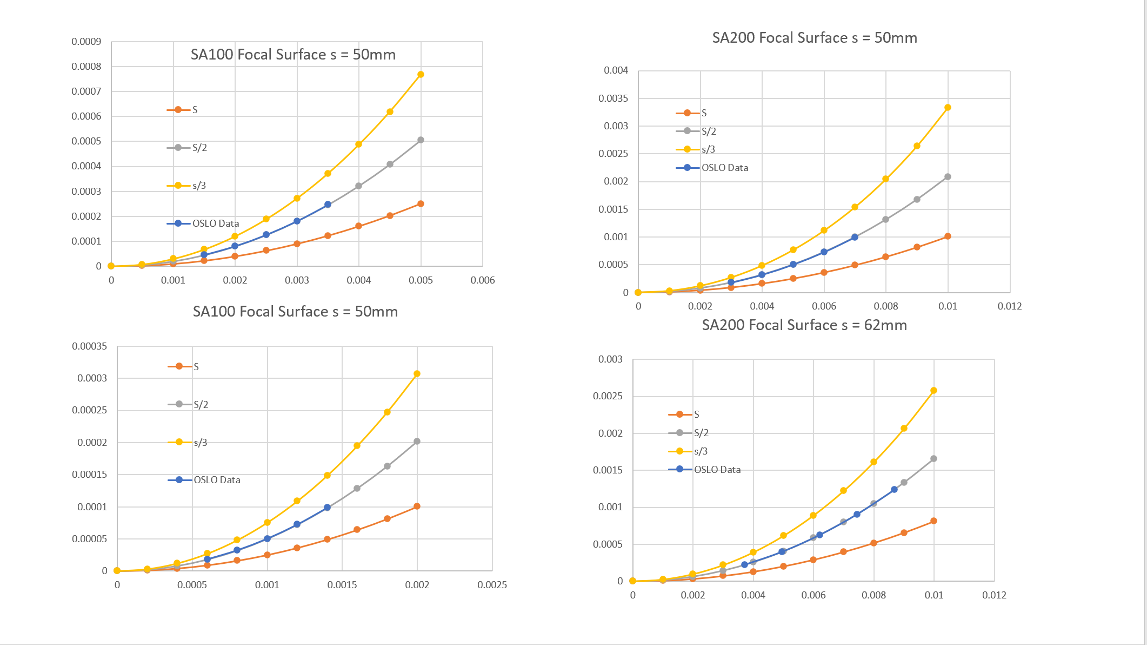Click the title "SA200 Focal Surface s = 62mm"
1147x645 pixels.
(x=804, y=325)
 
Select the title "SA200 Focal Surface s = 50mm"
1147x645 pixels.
(x=815, y=38)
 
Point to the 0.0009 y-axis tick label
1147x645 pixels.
(x=86, y=42)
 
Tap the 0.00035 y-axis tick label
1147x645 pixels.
(x=90, y=346)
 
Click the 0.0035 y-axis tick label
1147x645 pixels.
(x=613, y=98)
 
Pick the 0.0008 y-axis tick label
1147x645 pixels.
(x=86, y=67)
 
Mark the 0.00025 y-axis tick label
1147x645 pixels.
(x=90, y=410)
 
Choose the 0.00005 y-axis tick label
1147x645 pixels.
(x=90, y=539)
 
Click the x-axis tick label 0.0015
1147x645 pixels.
(x=342, y=585)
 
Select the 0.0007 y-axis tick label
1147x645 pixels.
(x=86, y=91)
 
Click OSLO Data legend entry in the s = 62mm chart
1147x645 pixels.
(x=717, y=470)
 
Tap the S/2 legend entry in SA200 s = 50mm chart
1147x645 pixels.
(x=708, y=131)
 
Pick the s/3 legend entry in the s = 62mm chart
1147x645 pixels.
(x=701, y=451)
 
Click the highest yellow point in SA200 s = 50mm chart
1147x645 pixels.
(x=948, y=108)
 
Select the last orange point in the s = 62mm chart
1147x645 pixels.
(x=933, y=521)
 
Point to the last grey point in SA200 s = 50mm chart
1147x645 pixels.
(x=948, y=177)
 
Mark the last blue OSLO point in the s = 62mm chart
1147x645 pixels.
(x=894, y=490)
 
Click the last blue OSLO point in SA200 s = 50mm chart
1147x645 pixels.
(x=855, y=237)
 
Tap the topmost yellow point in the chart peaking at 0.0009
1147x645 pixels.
(x=421, y=75)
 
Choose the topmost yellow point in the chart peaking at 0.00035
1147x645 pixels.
(x=417, y=374)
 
